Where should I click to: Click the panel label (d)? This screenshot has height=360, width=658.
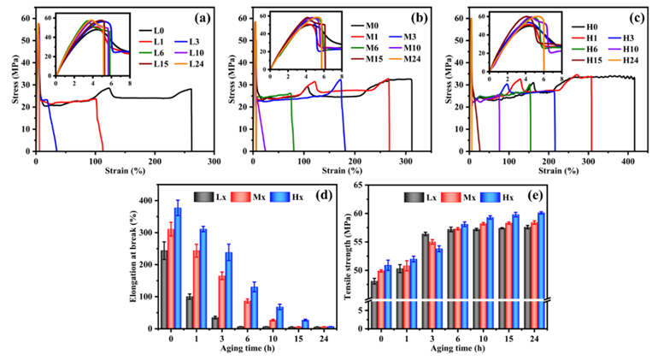tap(323, 192)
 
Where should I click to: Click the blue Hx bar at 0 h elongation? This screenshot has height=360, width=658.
tap(178, 268)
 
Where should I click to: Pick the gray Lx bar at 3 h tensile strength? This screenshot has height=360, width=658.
tap(425, 265)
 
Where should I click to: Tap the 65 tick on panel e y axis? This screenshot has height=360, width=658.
tap(358, 186)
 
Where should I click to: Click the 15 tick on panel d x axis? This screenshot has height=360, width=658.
tap(299, 341)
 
